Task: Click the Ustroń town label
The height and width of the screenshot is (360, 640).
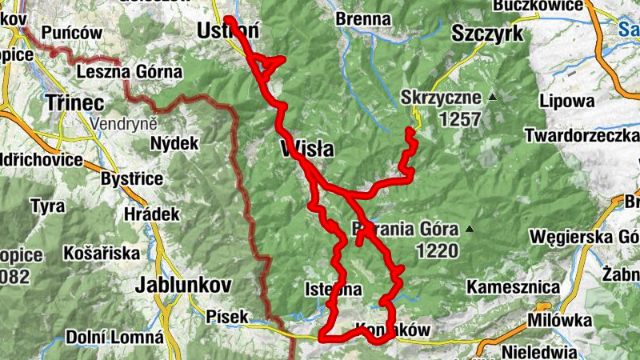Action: click(228, 31)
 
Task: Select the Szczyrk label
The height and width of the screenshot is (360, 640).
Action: click(486, 33)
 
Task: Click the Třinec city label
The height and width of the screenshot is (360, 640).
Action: click(75, 102)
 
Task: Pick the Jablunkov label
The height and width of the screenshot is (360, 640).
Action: click(184, 284)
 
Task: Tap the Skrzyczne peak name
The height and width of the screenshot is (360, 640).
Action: click(442, 98)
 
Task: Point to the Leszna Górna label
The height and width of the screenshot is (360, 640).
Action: click(130, 72)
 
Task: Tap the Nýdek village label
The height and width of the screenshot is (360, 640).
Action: click(174, 144)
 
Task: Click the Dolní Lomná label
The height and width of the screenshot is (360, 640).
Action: click(114, 337)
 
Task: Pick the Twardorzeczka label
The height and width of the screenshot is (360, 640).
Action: click(582, 136)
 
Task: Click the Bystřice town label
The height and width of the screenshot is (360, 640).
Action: click(132, 178)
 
